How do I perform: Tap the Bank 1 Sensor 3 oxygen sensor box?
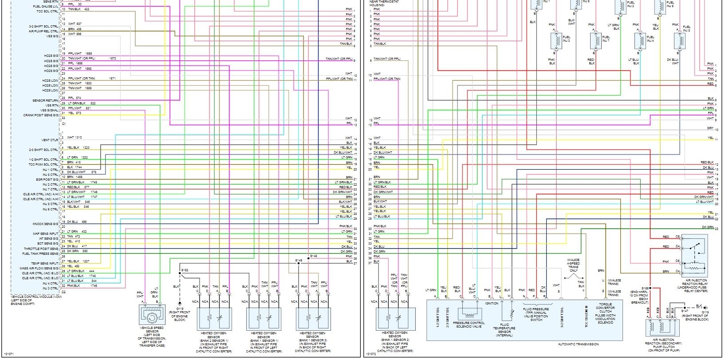pyautogui.click(x=312, y=318)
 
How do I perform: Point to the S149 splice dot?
pyautogui.click(x=299, y=263)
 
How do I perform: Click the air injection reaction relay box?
pyautogui.click(x=694, y=256)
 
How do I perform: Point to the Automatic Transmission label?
pyautogui.click(x=578, y=344)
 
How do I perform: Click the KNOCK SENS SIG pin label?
pyautogui.click(x=45, y=224)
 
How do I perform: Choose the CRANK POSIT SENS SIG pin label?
pyautogui.click(x=41, y=115)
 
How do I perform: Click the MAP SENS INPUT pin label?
pyautogui.click(x=45, y=233)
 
